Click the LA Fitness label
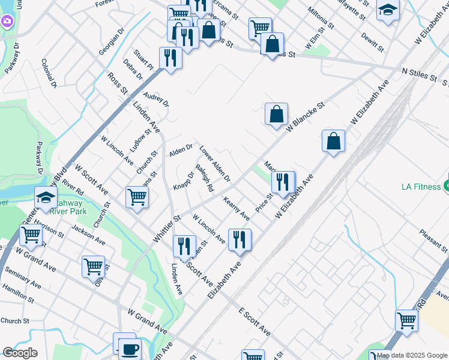[421, 187]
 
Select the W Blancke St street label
[306, 117]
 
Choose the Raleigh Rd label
[205, 178]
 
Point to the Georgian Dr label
[110, 43]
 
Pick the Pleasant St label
[433, 240]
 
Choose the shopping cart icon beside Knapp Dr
[137, 196]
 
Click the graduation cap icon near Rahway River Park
[46, 197]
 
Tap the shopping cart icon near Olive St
[93, 266]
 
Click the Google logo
[20, 353]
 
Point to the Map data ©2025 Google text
[412, 355]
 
